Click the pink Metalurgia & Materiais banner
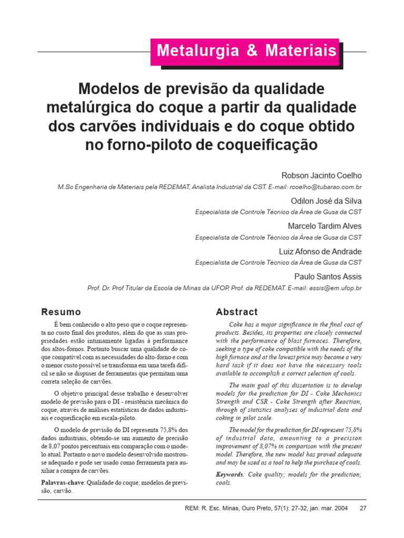coord(246,51)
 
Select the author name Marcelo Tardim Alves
coord(325,226)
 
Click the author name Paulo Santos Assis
coord(327,276)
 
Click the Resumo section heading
coord(62,312)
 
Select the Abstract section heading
coord(237,312)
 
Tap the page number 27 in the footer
coord(362,508)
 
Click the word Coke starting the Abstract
coord(238,325)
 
